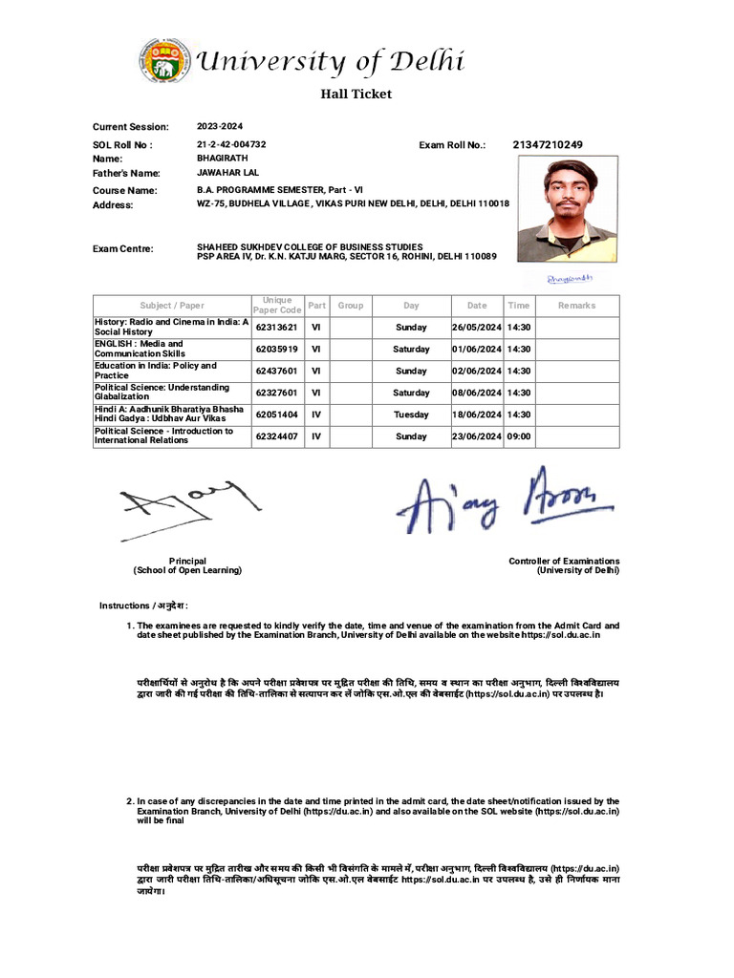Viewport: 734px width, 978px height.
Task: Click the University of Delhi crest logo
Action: [x=163, y=61]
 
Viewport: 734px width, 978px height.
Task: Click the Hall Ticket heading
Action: [x=355, y=94]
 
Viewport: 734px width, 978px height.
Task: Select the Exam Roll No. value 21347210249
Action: [x=548, y=144]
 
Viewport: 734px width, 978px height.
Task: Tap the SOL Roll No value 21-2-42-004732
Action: [x=231, y=144]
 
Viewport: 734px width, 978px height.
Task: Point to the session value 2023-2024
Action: [x=220, y=126]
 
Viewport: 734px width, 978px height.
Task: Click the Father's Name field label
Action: [x=126, y=173]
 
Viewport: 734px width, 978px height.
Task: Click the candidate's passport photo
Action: [x=567, y=210]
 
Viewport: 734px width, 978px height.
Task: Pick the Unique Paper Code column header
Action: [x=276, y=306]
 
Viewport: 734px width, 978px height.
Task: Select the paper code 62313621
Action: [x=276, y=327]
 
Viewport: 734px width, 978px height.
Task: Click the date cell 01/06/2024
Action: [x=476, y=349]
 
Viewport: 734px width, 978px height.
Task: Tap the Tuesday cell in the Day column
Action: [x=411, y=415]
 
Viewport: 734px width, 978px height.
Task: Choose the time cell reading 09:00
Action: [x=519, y=436]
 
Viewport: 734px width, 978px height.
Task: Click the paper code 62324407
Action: [x=276, y=436]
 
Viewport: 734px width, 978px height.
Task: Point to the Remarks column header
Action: [x=576, y=306]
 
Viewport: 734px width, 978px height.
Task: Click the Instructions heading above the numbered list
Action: [x=144, y=606]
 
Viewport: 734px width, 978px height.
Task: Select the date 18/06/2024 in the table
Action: [x=476, y=415]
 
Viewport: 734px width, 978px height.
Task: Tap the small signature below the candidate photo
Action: [x=570, y=278]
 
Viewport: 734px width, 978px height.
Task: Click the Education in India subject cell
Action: [x=170, y=371]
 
